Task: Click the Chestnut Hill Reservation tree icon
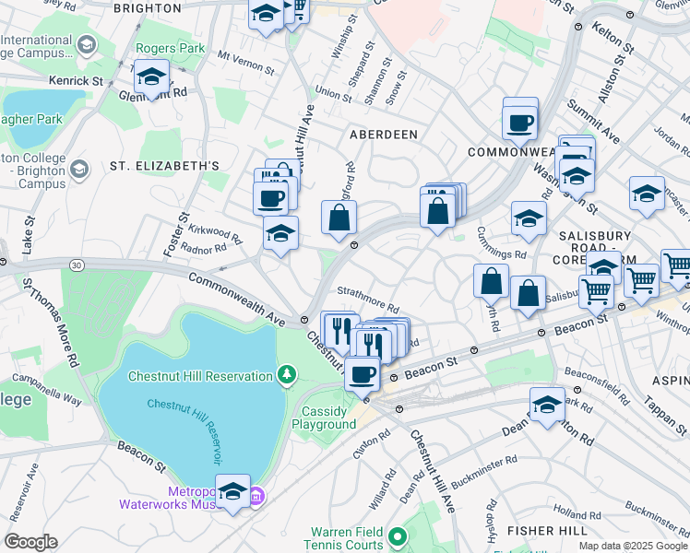(x=287, y=375)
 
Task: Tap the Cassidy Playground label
(x=324, y=418)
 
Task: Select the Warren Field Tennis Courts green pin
(x=397, y=535)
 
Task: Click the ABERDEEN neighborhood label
(x=384, y=135)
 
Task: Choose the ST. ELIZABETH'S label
(x=164, y=166)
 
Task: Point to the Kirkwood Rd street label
(x=214, y=232)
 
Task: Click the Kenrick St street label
(x=77, y=82)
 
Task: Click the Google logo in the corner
(x=30, y=542)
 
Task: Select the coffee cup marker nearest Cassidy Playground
(x=362, y=373)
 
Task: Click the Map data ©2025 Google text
(x=632, y=546)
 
